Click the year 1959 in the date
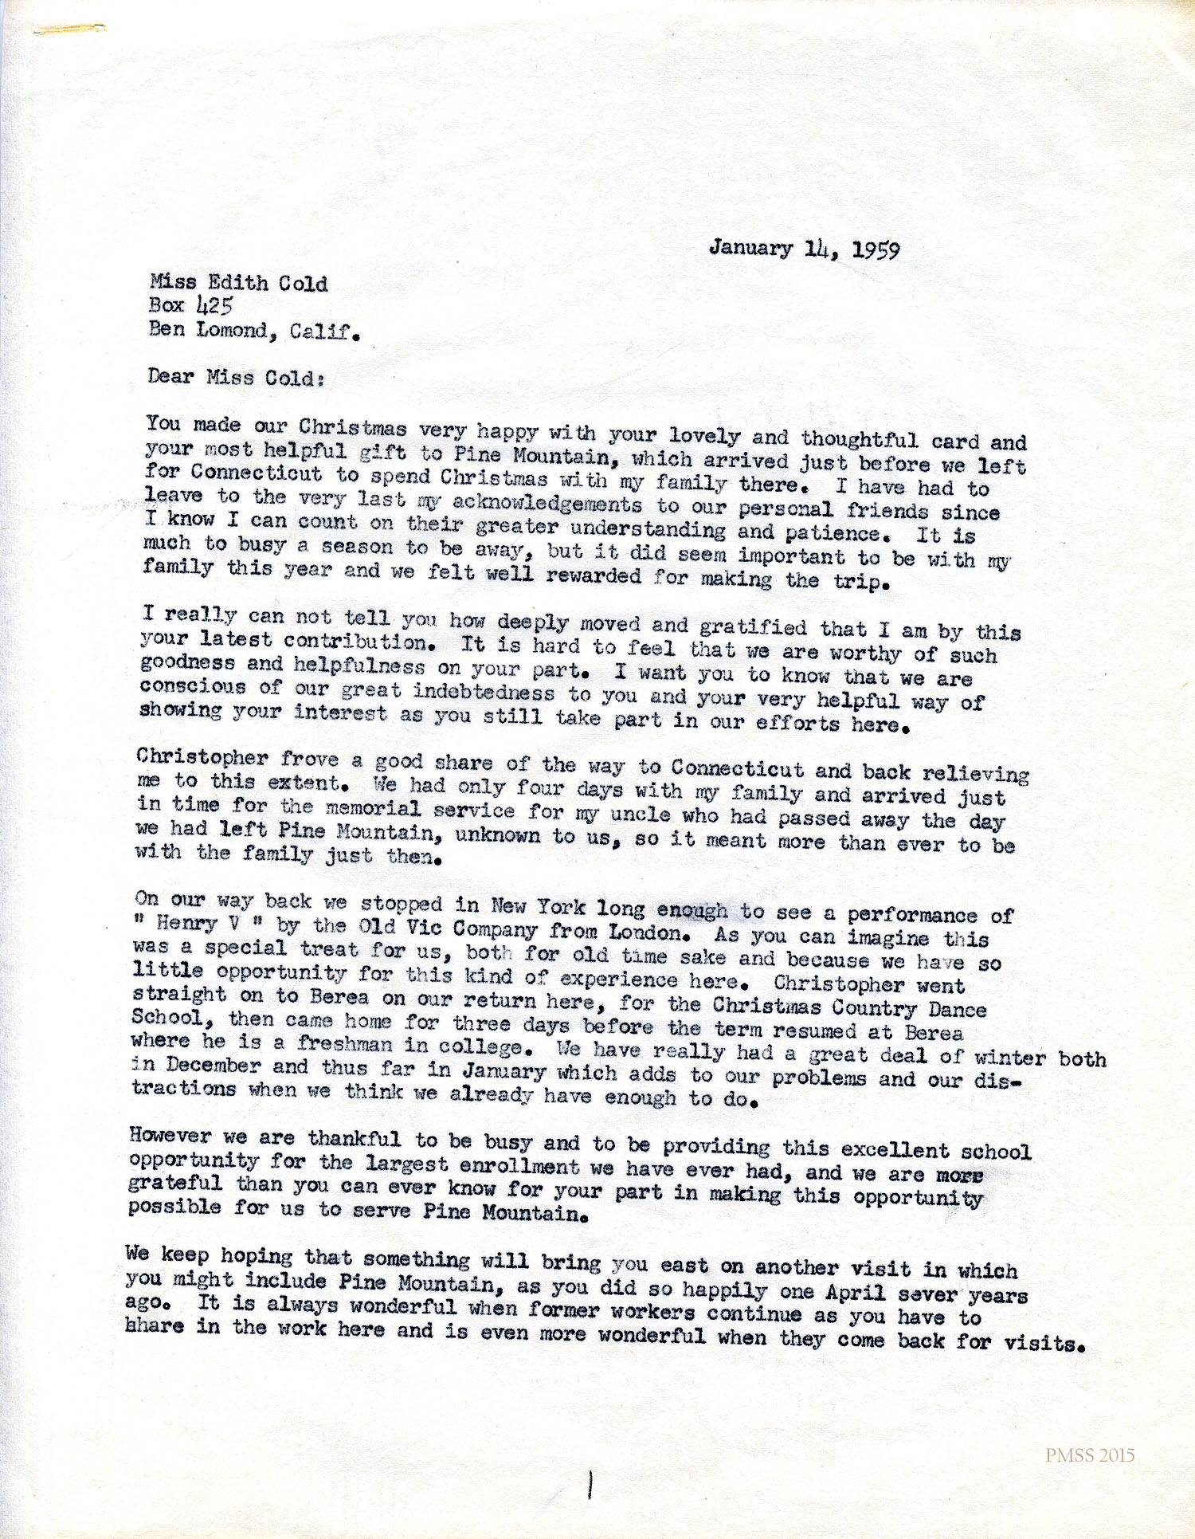pyautogui.click(x=876, y=250)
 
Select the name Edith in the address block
pyautogui.click(x=236, y=282)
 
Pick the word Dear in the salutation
pyautogui.click(x=170, y=376)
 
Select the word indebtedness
pyautogui.click(x=484, y=691)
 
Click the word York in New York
pyautogui.click(x=561, y=907)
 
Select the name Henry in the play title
pyautogui.click(x=186, y=924)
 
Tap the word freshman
pyautogui.click(x=344, y=1043)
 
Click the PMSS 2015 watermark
pyautogui.click(x=1090, y=1456)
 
